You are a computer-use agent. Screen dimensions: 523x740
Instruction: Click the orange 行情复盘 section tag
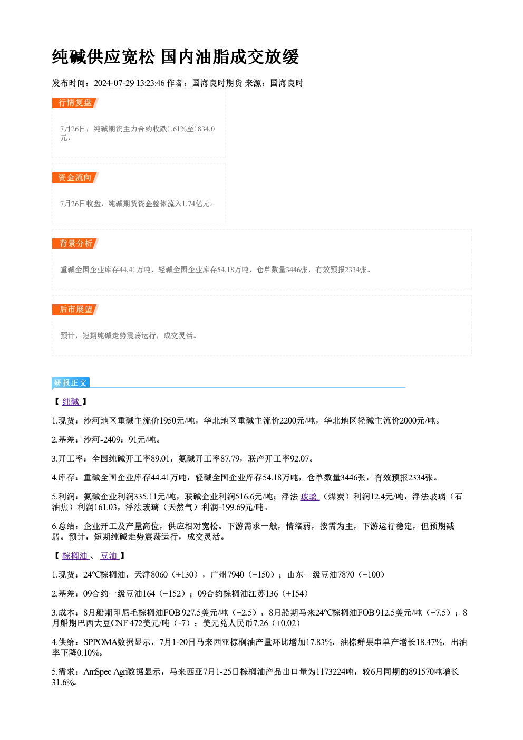(75, 103)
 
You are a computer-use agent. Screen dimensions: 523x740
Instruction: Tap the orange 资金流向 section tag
(75, 178)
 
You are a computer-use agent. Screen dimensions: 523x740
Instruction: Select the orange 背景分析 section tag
(75, 244)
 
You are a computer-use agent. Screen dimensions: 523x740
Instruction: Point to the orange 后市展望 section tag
(75, 310)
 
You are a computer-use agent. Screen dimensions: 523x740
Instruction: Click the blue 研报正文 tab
(71, 382)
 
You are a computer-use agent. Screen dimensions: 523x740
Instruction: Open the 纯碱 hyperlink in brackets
(71, 402)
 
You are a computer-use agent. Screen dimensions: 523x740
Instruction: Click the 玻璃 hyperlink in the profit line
(309, 496)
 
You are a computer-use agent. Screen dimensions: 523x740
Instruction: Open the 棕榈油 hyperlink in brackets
(75, 556)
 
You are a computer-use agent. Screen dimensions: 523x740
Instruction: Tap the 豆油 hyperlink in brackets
(110, 556)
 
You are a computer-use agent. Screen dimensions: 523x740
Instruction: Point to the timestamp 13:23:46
(151, 83)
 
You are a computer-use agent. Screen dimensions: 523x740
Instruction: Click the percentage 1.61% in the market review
(177, 129)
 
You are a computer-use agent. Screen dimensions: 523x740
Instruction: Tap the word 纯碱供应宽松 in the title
(103, 57)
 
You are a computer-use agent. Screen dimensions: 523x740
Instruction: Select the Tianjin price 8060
(159, 574)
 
